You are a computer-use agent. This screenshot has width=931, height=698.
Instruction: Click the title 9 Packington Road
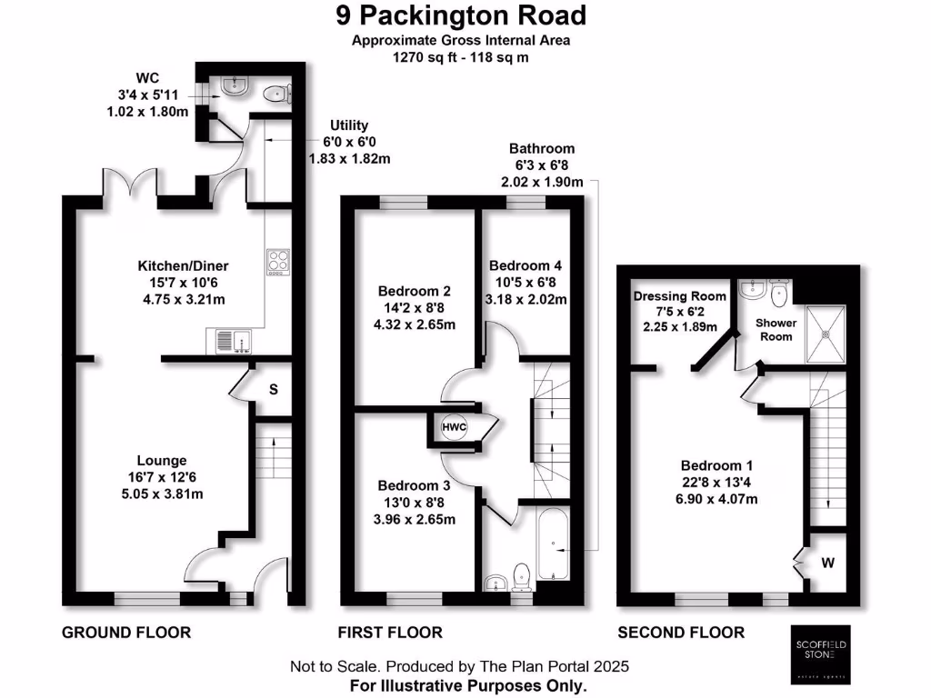460,15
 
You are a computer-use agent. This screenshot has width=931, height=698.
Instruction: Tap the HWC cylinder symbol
454,427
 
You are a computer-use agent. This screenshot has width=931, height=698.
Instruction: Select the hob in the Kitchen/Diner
278,262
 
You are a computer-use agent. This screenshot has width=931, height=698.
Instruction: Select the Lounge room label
162,461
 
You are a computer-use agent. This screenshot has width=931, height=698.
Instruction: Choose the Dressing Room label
680,296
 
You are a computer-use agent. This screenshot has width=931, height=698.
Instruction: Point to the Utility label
350,125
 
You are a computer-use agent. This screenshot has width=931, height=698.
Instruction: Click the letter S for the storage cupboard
272,390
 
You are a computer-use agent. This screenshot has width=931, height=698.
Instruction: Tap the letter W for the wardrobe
827,563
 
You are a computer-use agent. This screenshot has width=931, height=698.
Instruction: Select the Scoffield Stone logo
821,652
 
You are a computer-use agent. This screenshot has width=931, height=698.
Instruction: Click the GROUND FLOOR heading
125,633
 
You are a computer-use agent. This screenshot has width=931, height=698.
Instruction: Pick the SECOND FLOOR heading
681,633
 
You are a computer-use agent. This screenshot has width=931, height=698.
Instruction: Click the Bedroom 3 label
415,485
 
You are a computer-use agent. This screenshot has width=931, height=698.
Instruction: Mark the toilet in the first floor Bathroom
521,575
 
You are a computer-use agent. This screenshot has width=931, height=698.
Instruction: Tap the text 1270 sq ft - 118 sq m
460,56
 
